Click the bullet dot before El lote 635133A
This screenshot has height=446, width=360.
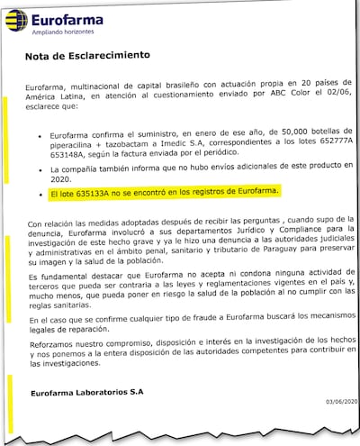click(x=40, y=192)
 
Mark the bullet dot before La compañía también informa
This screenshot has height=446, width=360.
click(x=40, y=168)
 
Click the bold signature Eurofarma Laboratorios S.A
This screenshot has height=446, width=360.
click(x=85, y=393)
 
